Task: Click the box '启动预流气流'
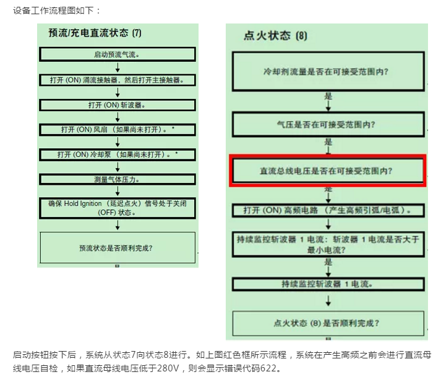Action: coord(118,54)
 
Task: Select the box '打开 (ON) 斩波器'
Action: coord(118,105)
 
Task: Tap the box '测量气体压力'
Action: coord(118,179)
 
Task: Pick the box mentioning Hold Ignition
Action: coord(118,208)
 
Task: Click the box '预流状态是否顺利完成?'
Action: coord(118,248)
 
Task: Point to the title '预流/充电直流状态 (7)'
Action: coord(95,33)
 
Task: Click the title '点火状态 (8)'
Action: coord(275,36)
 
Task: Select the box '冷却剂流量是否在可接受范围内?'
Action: coord(328,72)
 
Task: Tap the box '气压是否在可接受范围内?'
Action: coord(328,124)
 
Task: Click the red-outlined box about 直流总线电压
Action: coord(328,171)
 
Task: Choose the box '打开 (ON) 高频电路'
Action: coord(328,211)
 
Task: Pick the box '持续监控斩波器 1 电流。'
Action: coord(328,284)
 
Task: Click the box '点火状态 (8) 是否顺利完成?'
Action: coord(328,323)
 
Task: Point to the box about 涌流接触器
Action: coord(118,80)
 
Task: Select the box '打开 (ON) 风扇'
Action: coord(118,130)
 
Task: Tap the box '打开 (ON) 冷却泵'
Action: coord(118,154)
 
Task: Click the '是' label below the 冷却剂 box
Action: coord(328,96)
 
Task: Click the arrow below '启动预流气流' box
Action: coord(118,67)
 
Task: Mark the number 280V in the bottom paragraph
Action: coord(168,368)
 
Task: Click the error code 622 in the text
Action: coord(268,368)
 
